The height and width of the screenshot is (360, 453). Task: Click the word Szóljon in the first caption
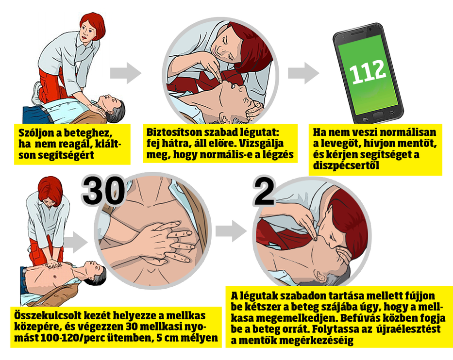(35, 132)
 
